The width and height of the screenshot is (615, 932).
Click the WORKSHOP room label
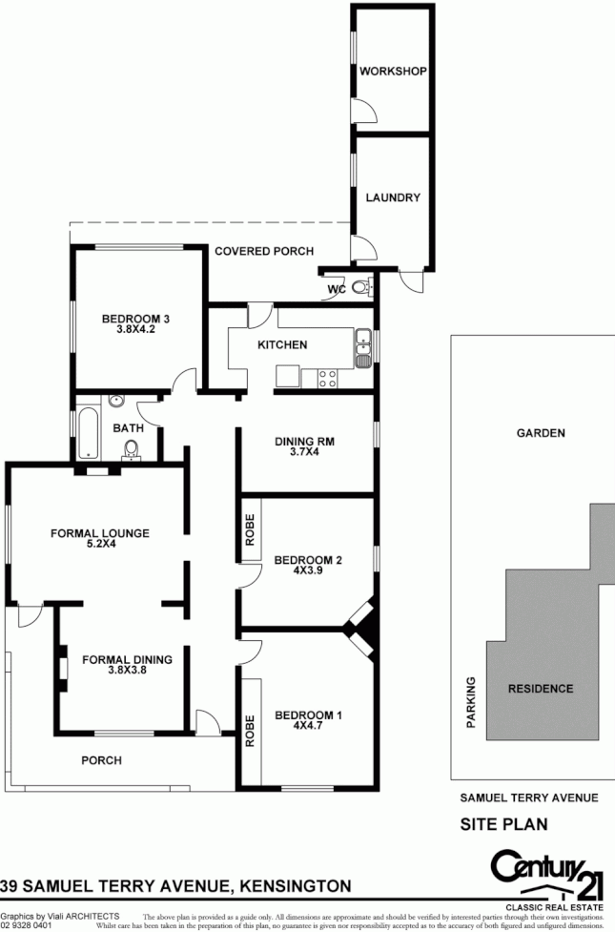tap(392, 72)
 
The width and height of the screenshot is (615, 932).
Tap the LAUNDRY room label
tap(392, 198)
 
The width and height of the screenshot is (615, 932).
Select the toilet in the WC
tap(360, 288)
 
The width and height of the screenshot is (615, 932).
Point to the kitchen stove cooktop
tap(326, 378)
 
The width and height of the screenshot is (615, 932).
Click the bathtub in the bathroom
tap(85, 433)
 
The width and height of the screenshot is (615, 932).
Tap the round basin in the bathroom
tap(115, 403)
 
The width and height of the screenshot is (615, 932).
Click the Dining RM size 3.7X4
tap(303, 453)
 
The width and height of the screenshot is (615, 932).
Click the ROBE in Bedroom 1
tap(251, 730)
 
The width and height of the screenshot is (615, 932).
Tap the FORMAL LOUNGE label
tap(99, 533)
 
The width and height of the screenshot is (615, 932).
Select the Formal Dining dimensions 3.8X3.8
tap(126, 671)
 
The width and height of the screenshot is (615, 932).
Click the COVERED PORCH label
tap(263, 252)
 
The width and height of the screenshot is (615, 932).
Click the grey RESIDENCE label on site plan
tap(540, 689)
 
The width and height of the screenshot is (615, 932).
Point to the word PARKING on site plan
tap(470, 703)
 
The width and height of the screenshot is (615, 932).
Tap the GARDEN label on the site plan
tap(541, 433)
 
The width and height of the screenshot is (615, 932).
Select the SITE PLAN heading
tap(503, 823)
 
